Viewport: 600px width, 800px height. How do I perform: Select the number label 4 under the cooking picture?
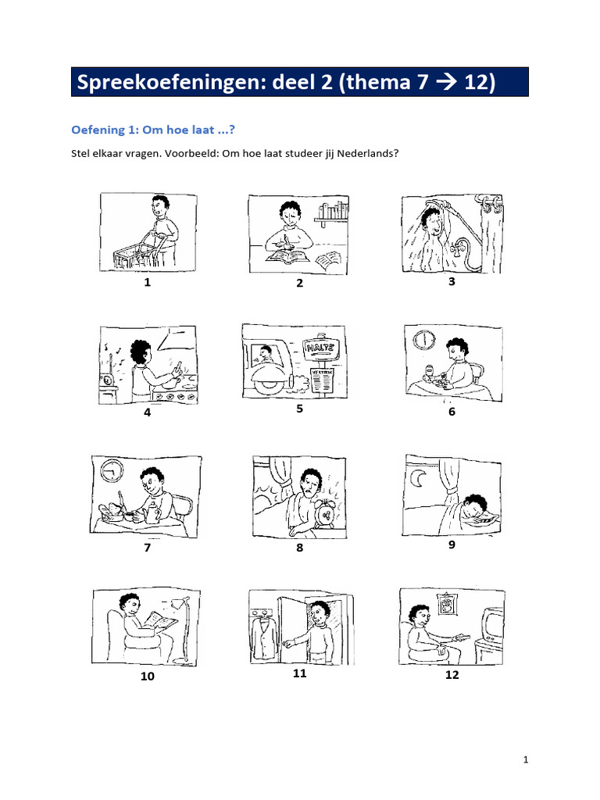pos(147,412)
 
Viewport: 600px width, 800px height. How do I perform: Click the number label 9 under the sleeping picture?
pos(452,545)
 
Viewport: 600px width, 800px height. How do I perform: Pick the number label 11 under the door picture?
pos(299,673)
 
